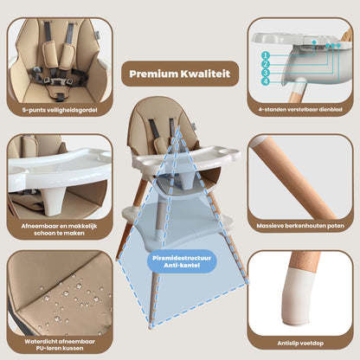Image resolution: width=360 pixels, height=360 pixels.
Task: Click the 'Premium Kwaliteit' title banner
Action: (179, 74)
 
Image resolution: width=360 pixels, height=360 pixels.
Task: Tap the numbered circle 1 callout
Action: (266, 54)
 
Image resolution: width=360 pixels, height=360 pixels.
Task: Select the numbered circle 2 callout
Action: (266, 63)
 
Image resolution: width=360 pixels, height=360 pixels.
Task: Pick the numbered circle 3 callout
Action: (266, 73)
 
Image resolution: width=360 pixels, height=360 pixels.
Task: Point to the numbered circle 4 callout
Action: (266, 82)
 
